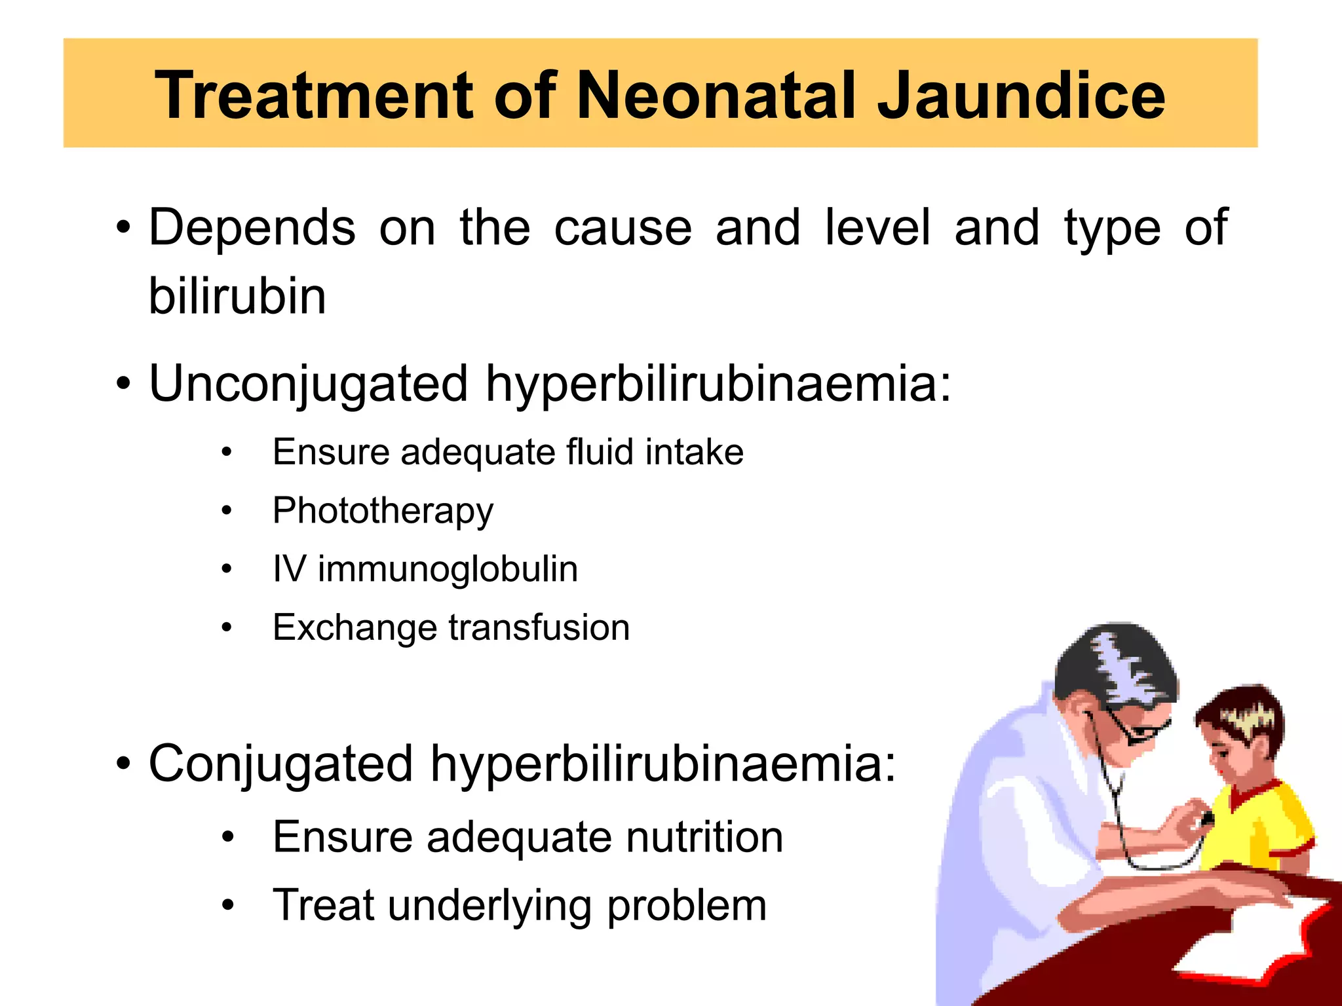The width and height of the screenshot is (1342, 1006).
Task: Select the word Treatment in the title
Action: (314, 96)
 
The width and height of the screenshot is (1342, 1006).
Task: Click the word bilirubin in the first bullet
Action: (237, 296)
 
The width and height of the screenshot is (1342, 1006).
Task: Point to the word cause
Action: (623, 228)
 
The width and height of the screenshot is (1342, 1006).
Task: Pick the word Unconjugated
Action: (309, 383)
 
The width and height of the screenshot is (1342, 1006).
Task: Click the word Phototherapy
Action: (383, 511)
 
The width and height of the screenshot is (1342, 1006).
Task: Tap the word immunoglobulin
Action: (448, 568)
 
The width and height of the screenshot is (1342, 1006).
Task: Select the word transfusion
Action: (539, 627)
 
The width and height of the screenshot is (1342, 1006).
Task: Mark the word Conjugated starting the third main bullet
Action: (280, 764)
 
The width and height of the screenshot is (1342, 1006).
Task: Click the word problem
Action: (687, 906)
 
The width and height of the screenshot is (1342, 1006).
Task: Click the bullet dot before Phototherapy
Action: (227, 511)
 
